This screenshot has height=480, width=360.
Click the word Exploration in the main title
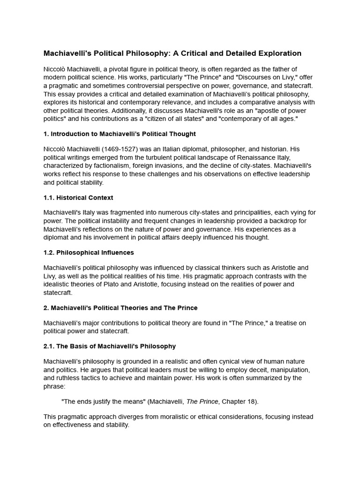(x=279, y=53)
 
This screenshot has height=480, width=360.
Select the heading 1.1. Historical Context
(x=78, y=198)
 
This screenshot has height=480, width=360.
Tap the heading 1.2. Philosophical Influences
(x=89, y=253)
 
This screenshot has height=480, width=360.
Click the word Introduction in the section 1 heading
(x=70, y=134)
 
